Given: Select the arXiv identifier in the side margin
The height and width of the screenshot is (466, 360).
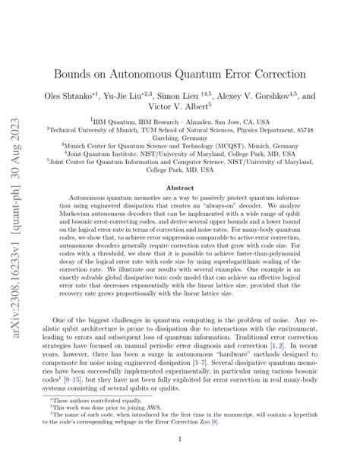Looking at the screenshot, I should [17, 228].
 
